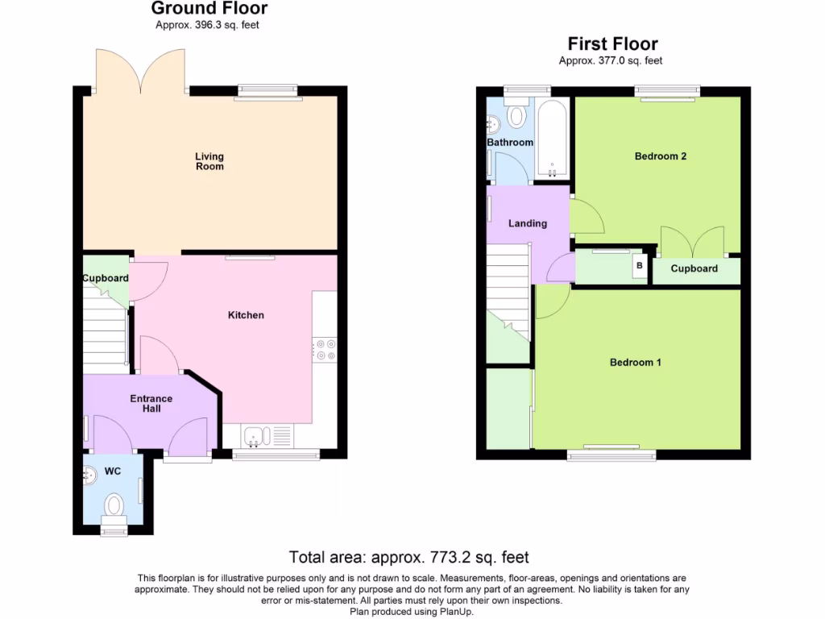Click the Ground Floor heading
click(x=209, y=9)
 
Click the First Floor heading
click(x=612, y=44)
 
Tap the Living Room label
click(x=209, y=161)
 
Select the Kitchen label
click(x=246, y=315)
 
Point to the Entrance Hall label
click(x=151, y=403)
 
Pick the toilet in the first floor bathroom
click(x=516, y=115)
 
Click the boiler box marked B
click(x=640, y=265)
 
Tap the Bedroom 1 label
click(x=635, y=363)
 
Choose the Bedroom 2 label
click(x=660, y=156)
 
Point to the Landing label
click(x=527, y=223)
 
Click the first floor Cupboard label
click(x=694, y=268)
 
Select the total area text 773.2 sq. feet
click(x=408, y=557)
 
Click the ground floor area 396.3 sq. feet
click(x=208, y=25)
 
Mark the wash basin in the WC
click(x=89, y=477)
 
